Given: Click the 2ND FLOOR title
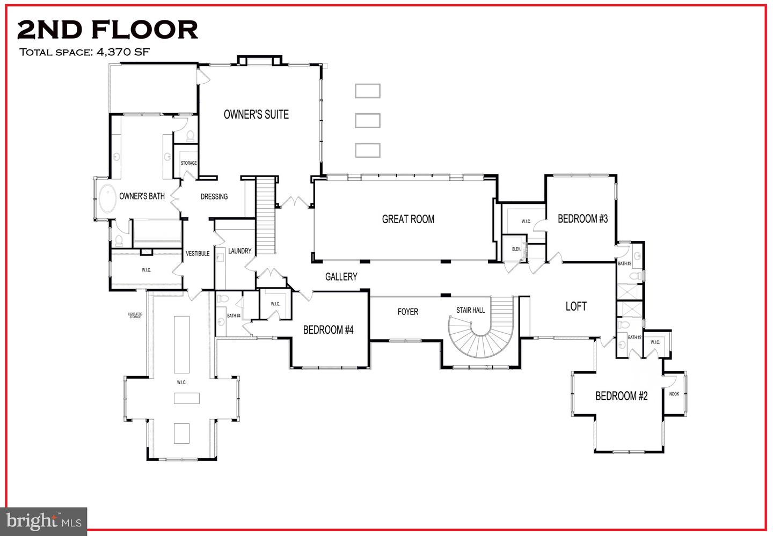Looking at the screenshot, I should pos(107,30).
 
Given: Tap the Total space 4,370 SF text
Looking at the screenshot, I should pos(84,52).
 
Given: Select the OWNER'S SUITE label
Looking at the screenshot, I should pos(256,114).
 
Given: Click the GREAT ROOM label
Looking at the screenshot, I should pos(408,219).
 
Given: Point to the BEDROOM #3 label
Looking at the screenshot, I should pos(582,218).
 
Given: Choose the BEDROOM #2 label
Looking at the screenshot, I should pos(621,396).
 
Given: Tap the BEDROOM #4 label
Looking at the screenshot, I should pos(328,329).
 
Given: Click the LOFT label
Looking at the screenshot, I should pos(576,306).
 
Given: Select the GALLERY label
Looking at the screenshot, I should pos(341,276).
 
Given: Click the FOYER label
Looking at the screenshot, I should pos(407,312).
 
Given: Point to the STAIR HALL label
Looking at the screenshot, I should pos(470,310).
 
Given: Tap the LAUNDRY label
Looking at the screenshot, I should pos(239,251).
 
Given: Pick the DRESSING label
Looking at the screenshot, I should pos(214,196).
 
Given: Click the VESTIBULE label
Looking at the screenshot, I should pos(198,253).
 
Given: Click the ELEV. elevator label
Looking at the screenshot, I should pos(516,249).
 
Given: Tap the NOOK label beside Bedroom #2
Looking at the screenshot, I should pos(674,394).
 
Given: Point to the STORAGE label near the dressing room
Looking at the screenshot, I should pos(188,163).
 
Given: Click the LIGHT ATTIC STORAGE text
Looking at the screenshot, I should pos(135,315).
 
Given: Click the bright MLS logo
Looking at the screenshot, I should pos(44,521).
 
